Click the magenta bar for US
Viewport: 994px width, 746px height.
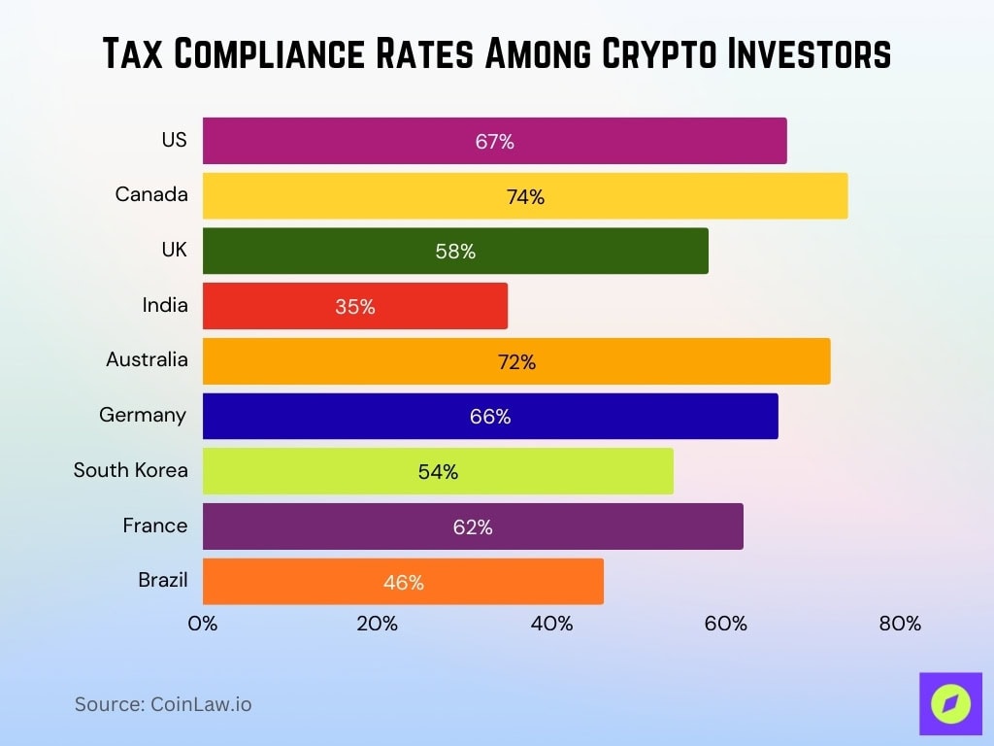pyautogui.click(x=494, y=141)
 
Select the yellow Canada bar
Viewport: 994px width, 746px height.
pyautogui.click(x=524, y=196)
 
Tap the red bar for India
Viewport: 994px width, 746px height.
pyautogui.click(x=354, y=307)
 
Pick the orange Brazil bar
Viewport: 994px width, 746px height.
pyautogui.click(x=402, y=582)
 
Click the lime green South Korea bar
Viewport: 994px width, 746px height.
pyautogui.click(x=437, y=472)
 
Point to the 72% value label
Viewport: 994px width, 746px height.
pyautogui.click(x=516, y=362)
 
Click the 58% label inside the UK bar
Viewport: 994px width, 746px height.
pyautogui.click(x=455, y=252)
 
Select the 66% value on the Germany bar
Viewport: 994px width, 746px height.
pyautogui.click(x=490, y=417)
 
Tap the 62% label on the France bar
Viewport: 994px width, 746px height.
pyautogui.click(x=473, y=527)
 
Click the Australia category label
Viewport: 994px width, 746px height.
pyautogui.click(x=147, y=359)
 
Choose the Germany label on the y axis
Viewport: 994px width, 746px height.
pyautogui.click(x=143, y=415)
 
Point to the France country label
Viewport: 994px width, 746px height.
pyautogui.click(x=154, y=526)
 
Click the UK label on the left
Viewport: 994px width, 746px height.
pyautogui.click(x=174, y=250)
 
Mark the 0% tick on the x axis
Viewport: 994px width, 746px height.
pyautogui.click(x=203, y=624)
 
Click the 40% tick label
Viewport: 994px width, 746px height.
pyautogui.click(x=551, y=624)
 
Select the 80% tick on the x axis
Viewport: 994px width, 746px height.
pyautogui.click(x=900, y=624)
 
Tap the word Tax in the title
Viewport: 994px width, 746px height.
pyautogui.click(x=136, y=55)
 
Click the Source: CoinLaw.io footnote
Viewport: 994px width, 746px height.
pyautogui.click(x=163, y=704)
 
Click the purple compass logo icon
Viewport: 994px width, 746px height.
pyautogui.click(x=949, y=703)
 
